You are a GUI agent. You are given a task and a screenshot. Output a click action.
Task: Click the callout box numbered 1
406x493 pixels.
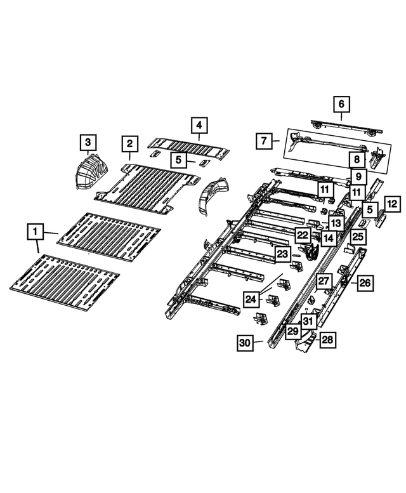click(x=35, y=232)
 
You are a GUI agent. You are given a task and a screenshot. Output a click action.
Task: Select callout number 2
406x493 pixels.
click(x=129, y=143)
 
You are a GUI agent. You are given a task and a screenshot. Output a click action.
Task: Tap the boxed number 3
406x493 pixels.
click(x=88, y=142)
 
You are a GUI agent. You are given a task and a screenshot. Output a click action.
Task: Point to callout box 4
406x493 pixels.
click(x=199, y=125)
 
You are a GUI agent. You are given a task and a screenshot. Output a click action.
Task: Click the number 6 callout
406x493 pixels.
click(x=341, y=104)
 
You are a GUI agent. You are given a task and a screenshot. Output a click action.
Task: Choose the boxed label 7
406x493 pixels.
click(x=264, y=141)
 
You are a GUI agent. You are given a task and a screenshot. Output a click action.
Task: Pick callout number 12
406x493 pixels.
click(x=392, y=204)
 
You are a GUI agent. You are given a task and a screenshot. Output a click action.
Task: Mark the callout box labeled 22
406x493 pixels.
click(x=303, y=235)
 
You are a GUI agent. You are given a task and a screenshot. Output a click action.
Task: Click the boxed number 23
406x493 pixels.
click(x=282, y=254)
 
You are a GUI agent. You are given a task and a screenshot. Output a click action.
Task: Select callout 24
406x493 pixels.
click(x=251, y=299)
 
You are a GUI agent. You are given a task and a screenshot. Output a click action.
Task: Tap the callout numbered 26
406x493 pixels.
click(x=365, y=283)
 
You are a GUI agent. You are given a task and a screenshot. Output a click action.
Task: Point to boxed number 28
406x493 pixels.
click(x=327, y=339)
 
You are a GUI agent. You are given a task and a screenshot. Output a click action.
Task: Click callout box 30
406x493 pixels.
click(x=245, y=343)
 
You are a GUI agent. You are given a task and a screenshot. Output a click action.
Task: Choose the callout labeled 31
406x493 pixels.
click(x=308, y=321)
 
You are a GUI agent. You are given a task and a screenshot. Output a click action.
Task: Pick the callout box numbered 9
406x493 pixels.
click(x=358, y=176)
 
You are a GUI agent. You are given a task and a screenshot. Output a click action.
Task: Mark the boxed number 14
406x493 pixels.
click(x=329, y=238)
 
